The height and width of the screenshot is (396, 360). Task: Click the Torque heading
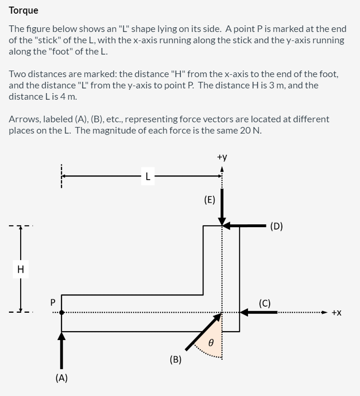[24, 10]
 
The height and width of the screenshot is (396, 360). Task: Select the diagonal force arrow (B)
[203, 332]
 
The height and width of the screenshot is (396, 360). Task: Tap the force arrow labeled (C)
[259, 312]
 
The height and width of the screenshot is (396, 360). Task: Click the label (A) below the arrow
[61, 377]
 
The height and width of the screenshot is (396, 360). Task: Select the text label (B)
[176, 360]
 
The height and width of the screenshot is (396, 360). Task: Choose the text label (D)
[277, 226]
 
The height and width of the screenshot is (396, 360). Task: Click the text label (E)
[209, 199]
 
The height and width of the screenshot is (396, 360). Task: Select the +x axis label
[336, 312]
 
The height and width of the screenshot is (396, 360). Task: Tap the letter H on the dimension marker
[20, 269]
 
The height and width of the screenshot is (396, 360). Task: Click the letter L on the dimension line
[148, 177]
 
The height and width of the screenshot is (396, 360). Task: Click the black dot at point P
[62, 312]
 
